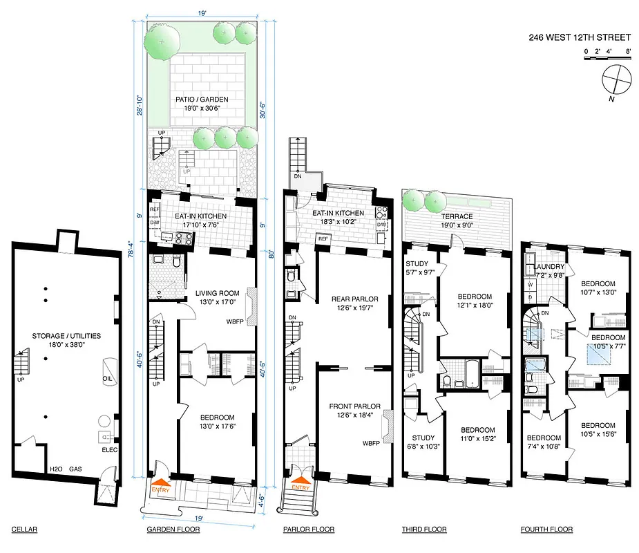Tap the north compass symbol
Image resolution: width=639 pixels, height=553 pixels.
[616, 80]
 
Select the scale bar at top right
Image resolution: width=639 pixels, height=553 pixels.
[607, 59]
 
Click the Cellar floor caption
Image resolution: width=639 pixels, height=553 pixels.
[24, 529]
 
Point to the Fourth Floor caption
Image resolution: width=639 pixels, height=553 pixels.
[546, 529]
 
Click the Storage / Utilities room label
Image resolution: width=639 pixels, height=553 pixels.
[66, 340]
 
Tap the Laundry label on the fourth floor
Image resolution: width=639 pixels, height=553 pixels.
[549, 270]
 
